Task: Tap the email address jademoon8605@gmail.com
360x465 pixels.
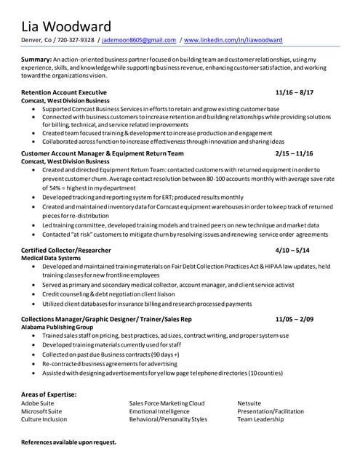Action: pyautogui.click(x=140, y=40)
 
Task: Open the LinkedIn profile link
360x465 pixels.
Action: pyautogui.click(x=237, y=40)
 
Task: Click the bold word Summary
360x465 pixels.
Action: pyautogui.click(x=36, y=58)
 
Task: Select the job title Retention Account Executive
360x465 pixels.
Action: pyautogui.click(x=64, y=93)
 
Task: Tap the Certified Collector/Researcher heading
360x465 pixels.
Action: pyautogui.click(x=67, y=250)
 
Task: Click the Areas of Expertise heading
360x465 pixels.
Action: pyautogui.click(x=49, y=394)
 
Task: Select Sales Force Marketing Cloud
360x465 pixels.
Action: pyautogui.click(x=167, y=403)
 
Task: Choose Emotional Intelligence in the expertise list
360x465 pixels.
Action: pyautogui.click(x=159, y=411)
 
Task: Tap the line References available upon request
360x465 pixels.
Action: pyautogui.click(x=68, y=442)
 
